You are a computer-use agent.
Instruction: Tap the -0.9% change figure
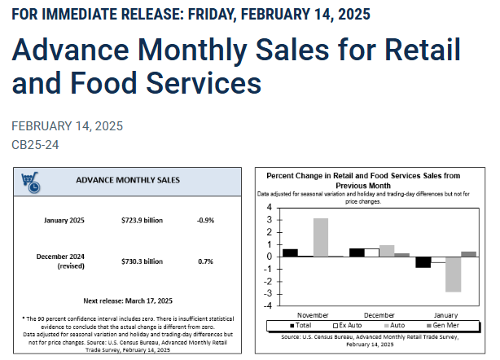[x=205, y=221]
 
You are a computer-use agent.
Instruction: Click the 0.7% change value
[x=205, y=261]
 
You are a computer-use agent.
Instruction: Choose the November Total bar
[x=291, y=252]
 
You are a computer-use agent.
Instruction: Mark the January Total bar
[x=423, y=261]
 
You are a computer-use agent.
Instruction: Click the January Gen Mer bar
[x=467, y=253]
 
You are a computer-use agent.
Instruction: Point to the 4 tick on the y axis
[x=269, y=207]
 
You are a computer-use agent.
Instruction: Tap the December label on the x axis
[x=379, y=314]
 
